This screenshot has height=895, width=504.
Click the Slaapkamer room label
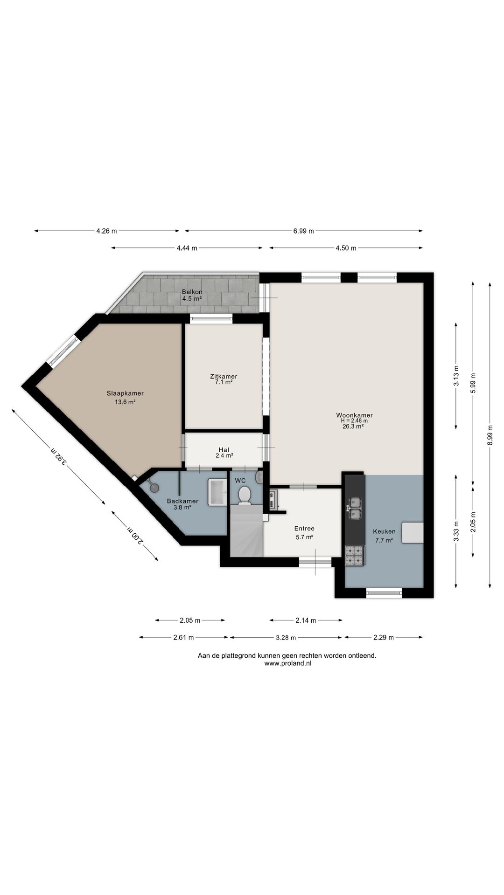(125, 393)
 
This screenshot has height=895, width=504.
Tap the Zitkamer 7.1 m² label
(224, 379)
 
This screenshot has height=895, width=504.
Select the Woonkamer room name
(354, 415)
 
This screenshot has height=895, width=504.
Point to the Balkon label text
(192, 292)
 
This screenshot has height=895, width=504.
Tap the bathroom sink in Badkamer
(217, 491)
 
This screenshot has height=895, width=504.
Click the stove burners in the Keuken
(355, 556)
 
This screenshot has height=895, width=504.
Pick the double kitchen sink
(355, 508)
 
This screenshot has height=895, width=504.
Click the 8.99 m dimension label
(490, 435)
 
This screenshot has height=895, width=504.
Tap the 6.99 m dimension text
(303, 231)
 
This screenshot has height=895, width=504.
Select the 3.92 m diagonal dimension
(59, 457)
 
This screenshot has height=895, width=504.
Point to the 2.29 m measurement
(383, 637)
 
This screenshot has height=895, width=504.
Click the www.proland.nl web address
(287, 663)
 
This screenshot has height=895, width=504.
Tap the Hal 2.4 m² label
(224, 453)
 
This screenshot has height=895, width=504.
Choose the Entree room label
(304, 528)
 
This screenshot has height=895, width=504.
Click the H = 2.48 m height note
(354, 420)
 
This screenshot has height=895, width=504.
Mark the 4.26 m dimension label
(106, 231)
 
